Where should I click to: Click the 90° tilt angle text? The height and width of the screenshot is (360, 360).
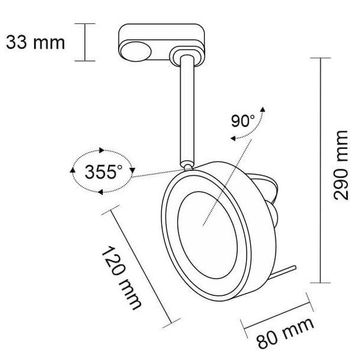(243, 120)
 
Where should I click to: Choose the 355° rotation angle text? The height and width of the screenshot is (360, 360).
(103, 172)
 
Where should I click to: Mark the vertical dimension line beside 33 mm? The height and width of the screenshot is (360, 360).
(85, 42)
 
